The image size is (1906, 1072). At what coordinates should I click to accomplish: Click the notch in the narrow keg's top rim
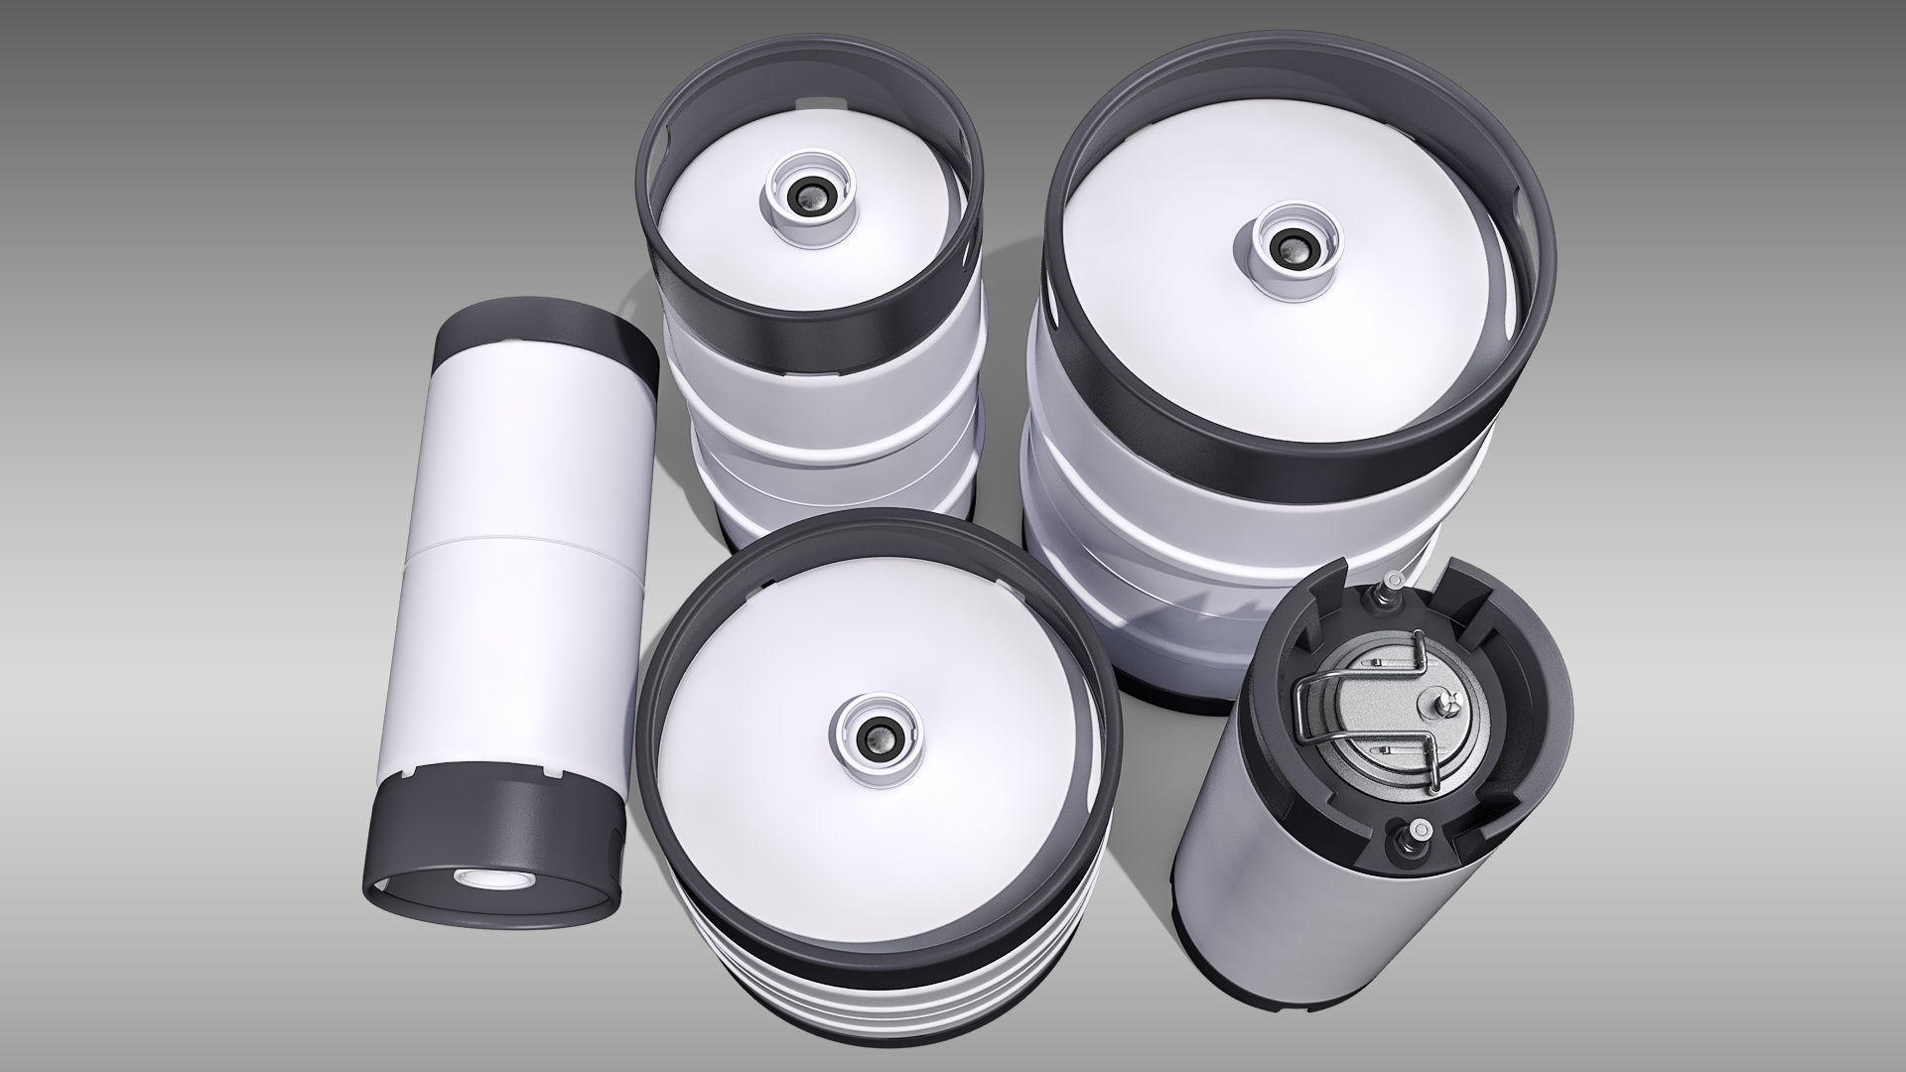click(x=812, y=104)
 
